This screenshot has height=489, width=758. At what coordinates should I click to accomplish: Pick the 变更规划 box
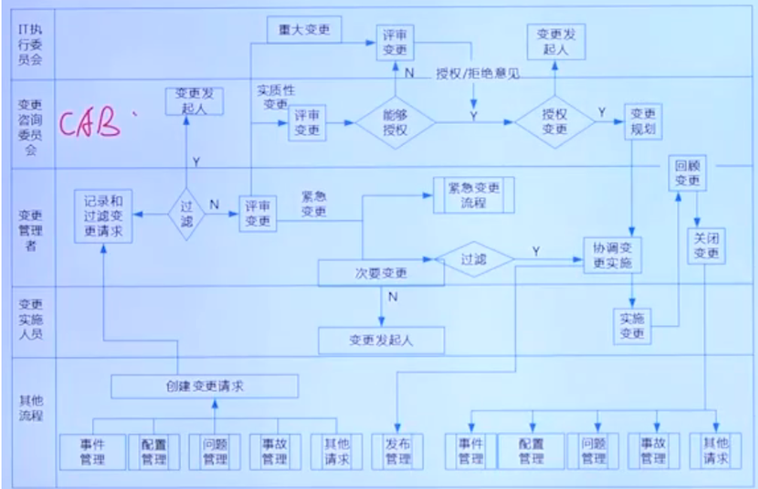(642, 120)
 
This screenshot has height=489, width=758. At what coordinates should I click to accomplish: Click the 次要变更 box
(381, 273)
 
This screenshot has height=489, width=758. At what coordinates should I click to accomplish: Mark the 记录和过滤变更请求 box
(103, 216)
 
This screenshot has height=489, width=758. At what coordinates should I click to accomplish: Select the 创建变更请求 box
(205, 387)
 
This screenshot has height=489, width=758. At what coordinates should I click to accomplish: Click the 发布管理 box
(397, 451)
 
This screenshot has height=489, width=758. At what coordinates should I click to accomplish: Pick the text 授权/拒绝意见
(477, 74)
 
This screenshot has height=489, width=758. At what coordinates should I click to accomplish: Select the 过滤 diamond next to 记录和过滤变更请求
(185, 214)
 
